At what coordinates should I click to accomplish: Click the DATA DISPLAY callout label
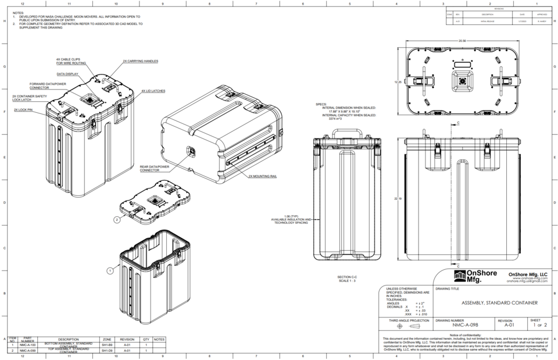pos(67,74)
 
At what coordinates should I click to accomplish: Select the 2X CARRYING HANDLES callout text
pos(140,61)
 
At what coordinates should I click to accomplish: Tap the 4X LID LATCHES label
pos(153,91)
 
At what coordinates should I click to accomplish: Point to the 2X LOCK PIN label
pos(23,109)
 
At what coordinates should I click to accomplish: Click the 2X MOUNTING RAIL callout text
pos(263,176)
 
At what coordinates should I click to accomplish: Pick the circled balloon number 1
pos(110,270)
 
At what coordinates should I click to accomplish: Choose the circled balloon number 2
pos(117,220)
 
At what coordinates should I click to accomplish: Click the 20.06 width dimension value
pos(462,41)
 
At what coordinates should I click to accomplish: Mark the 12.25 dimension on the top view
pos(398,82)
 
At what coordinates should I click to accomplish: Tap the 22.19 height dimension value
pos(397,199)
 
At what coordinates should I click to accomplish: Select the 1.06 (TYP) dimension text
pos(290,216)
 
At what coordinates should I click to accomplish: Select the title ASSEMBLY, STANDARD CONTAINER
pos(499,303)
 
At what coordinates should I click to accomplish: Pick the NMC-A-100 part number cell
pos(27,345)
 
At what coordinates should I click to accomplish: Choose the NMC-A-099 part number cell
pos(27,351)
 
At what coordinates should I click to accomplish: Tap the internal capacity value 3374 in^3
pos(337,119)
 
